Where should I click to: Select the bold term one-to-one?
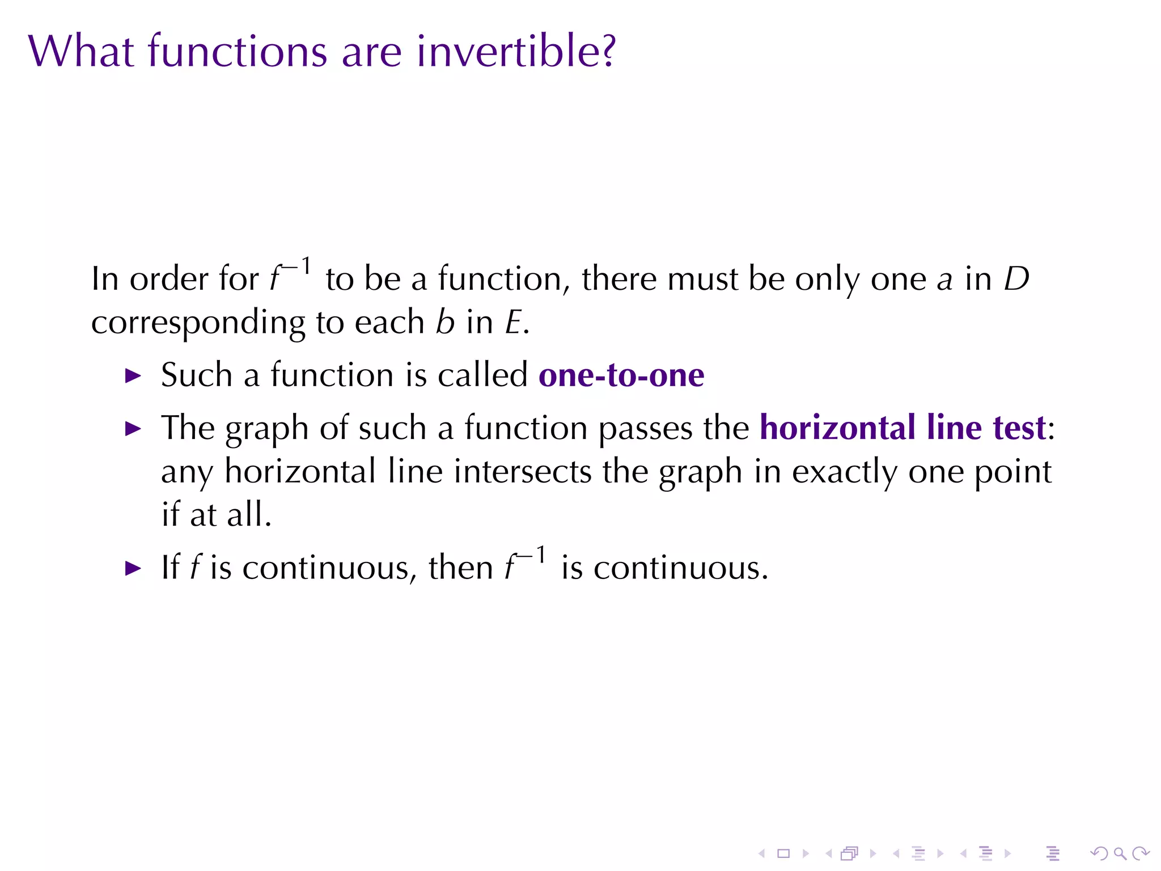click(x=621, y=375)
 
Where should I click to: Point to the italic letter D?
click(x=1016, y=279)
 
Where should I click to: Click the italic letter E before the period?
click(x=513, y=323)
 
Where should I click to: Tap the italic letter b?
click(x=445, y=322)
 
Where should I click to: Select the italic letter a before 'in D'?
click(x=944, y=281)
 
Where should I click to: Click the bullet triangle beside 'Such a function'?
click(x=133, y=375)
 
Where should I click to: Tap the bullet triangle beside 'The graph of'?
click(x=133, y=428)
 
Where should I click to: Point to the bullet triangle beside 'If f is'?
click(x=133, y=568)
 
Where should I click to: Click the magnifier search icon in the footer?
click(x=1120, y=853)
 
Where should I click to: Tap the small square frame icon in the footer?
click(x=783, y=853)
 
